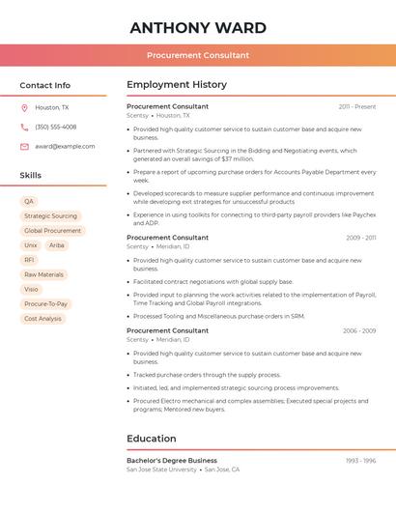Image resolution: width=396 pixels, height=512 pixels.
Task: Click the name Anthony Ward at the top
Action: [x=198, y=27]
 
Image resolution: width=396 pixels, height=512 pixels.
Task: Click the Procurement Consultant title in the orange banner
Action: [x=198, y=55]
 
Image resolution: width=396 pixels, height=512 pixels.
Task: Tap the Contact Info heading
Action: [x=45, y=85]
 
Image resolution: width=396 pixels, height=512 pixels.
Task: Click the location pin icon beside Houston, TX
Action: [x=24, y=108]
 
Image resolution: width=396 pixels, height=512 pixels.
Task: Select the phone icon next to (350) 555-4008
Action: [x=24, y=128]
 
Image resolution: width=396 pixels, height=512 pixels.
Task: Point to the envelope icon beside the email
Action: [x=24, y=147]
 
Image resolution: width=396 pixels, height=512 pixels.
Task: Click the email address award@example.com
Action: [x=65, y=147]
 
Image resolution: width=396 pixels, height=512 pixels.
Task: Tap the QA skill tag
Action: [x=29, y=202]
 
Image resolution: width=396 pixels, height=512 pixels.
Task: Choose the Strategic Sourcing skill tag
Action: [x=50, y=216]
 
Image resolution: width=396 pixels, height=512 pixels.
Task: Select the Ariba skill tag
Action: [x=57, y=245]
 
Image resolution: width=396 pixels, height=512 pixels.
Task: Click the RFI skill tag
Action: [x=29, y=260]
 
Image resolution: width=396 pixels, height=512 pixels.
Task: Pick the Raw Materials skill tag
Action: [x=43, y=274]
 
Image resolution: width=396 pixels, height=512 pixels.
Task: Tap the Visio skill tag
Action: [x=31, y=289]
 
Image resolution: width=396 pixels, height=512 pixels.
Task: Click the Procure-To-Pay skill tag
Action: [x=45, y=303]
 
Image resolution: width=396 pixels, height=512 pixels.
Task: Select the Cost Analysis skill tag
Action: [x=42, y=318]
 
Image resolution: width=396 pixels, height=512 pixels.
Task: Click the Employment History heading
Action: [x=177, y=85]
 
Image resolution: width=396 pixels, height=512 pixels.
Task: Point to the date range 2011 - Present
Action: [x=357, y=106]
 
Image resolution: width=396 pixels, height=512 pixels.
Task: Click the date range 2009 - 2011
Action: [x=361, y=238]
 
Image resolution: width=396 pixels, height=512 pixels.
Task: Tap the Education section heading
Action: [x=152, y=439]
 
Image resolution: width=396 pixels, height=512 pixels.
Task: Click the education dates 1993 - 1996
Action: [x=361, y=461]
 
